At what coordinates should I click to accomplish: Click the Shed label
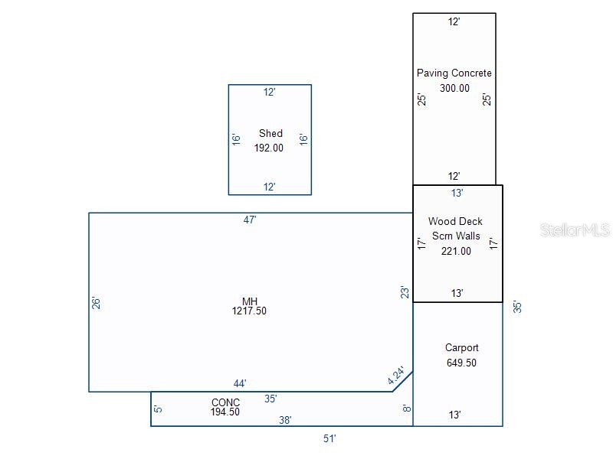coord(270,133)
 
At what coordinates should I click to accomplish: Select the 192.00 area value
coord(269,148)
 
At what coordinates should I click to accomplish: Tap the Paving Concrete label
coord(454,73)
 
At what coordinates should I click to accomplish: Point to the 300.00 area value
coord(454,88)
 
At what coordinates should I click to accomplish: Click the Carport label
coord(462,348)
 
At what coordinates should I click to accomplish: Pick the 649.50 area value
coord(461,363)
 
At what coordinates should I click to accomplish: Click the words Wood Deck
coord(455,221)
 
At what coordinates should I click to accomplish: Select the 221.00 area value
coord(456,251)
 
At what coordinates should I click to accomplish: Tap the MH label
coord(250,301)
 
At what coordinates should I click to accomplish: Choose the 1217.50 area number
coord(249,311)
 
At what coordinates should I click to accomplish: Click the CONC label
coord(225,402)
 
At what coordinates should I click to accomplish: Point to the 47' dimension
coord(250,220)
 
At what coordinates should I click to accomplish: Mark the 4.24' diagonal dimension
coord(396,376)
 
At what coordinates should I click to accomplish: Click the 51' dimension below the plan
coord(329,438)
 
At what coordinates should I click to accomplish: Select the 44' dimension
coord(240,383)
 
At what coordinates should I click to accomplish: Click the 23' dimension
coord(405,292)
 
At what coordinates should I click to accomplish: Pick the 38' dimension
coord(285,420)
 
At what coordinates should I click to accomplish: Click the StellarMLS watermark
coord(575,230)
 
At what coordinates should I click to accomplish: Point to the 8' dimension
coord(407,409)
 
